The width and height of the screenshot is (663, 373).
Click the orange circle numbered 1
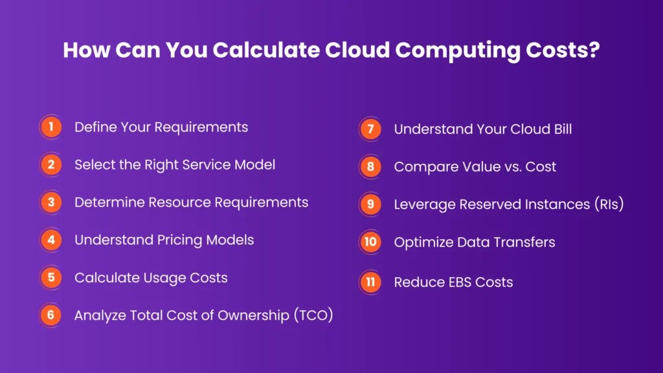click(50, 127)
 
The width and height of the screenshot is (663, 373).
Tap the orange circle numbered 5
click(50, 278)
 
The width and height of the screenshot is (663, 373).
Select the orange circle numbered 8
click(370, 166)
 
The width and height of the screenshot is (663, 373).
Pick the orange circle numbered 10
click(370, 242)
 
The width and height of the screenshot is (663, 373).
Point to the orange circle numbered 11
click(370, 282)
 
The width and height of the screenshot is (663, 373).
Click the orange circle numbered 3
click(50, 203)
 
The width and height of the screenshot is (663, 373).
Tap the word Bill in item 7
click(560, 129)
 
